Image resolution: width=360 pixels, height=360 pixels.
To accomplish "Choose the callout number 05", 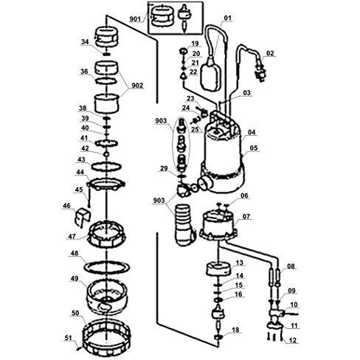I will (255, 148).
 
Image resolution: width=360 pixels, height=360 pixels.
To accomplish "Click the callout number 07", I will (246, 216).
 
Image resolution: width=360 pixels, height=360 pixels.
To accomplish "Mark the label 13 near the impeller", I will (238, 263).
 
